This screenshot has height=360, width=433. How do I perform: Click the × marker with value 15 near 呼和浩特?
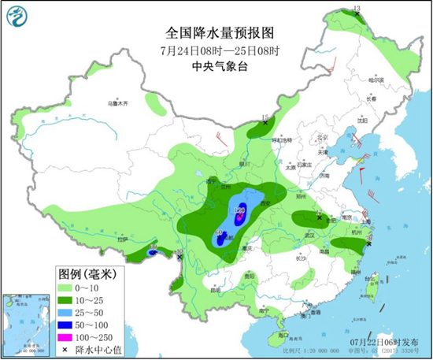[266, 124]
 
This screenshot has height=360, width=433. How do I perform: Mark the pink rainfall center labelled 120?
[241, 210]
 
